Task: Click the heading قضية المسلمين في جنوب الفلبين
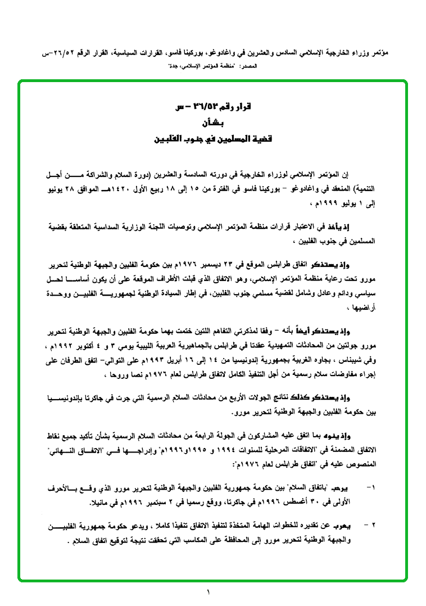[x=212, y=138]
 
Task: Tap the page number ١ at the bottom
[x=208, y=592]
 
